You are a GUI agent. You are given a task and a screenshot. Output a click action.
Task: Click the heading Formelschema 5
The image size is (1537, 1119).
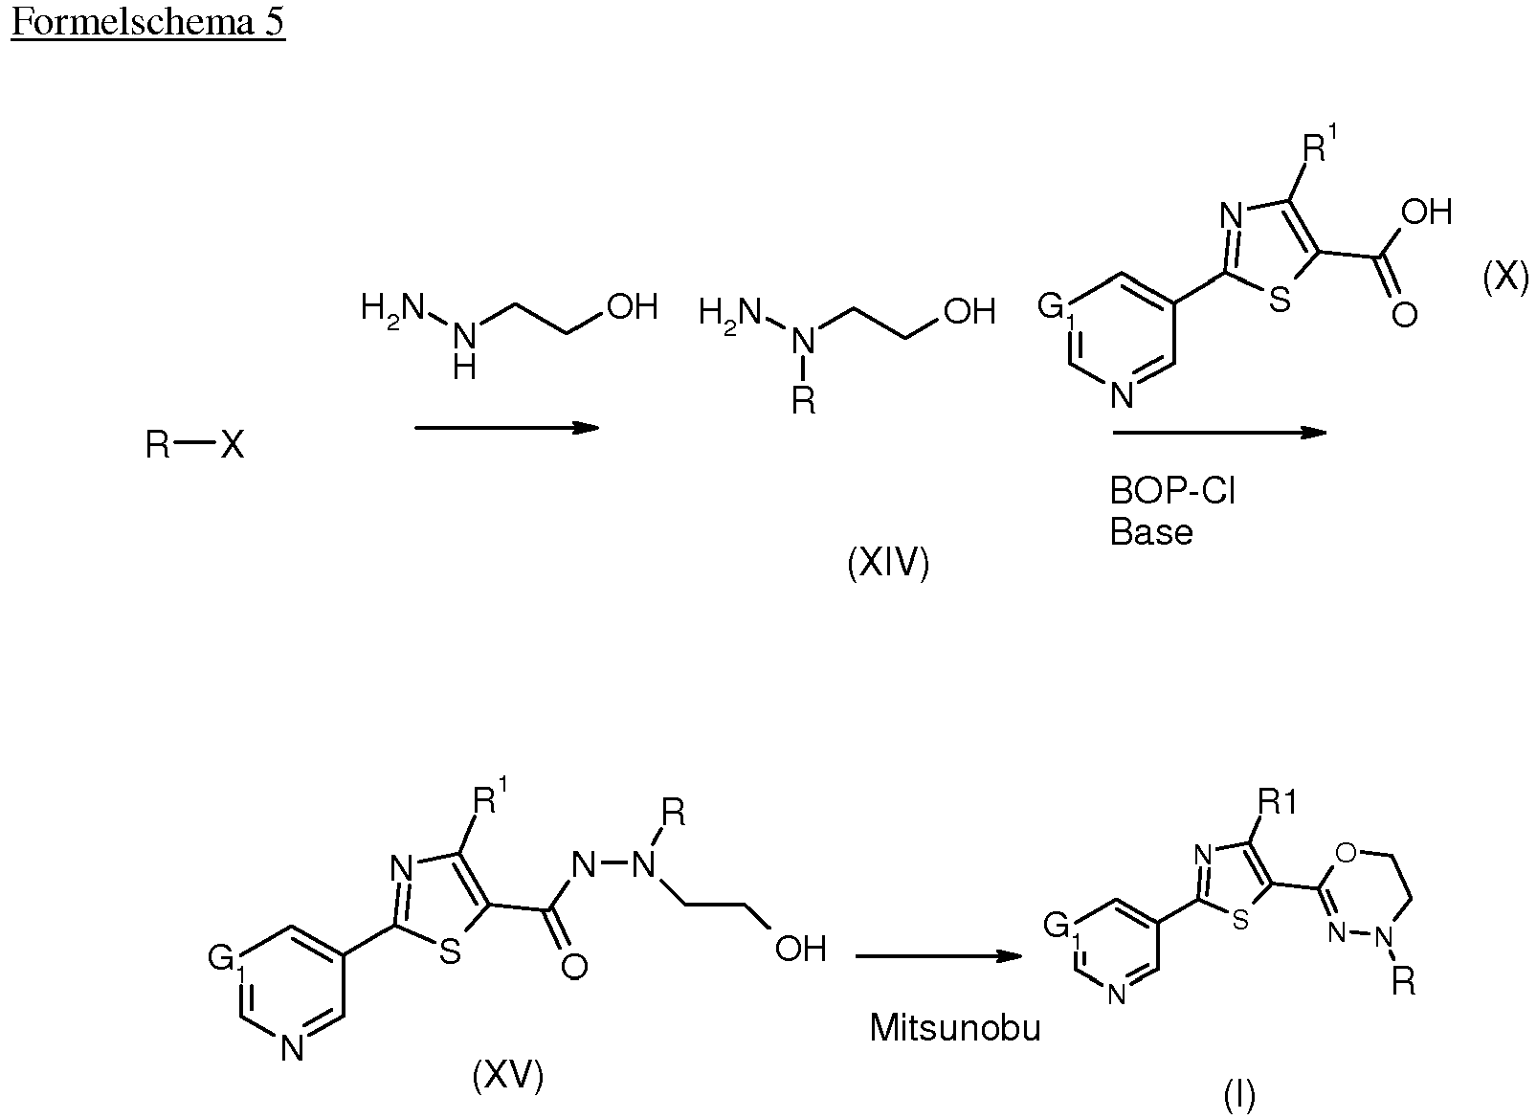pyautogui.click(x=147, y=23)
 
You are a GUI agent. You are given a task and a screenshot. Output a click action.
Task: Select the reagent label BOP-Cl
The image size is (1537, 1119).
pyautogui.click(x=1172, y=491)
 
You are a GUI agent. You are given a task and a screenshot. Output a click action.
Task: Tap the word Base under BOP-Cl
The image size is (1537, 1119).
pyautogui.click(x=1151, y=532)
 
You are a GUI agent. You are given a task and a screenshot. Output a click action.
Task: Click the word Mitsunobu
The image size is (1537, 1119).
pyautogui.click(x=955, y=1028)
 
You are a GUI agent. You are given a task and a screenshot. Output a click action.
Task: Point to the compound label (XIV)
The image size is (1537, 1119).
pyautogui.click(x=888, y=565)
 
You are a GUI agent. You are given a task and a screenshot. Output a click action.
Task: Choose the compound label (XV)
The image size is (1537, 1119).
pyautogui.click(x=508, y=1076)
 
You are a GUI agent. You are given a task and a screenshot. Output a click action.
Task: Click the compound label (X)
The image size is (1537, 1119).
pyautogui.click(x=1505, y=280)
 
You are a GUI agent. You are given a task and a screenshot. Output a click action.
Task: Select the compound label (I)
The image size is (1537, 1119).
pyautogui.click(x=1240, y=1096)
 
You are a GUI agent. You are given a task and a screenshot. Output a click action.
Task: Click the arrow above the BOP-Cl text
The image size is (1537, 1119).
pyautogui.click(x=1219, y=433)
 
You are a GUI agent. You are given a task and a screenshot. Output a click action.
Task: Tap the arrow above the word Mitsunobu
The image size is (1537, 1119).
pyautogui.click(x=939, y=956)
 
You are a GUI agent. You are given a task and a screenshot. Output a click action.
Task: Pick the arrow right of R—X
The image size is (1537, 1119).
pyautogui.click(x=507, y=428)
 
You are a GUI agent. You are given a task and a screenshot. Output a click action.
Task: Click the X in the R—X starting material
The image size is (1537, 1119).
pyautogui.click(x=233, y=445)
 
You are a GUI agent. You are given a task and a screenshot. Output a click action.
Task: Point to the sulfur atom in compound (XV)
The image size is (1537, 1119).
pyautogui.click(x=450, y=951)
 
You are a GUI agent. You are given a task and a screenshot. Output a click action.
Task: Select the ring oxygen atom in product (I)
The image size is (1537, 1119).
pyautogui.click(x=1347, y=853)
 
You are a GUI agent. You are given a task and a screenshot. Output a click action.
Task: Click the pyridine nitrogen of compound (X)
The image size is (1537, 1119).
pyautogui.click(x=1123, y=396)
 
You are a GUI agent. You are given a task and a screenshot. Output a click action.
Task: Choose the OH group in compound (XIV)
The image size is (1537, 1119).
pyautogui.click(x=969, y=312)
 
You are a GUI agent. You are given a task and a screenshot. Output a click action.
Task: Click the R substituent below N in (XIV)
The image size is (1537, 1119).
pyautogui.click(x=804, y=401)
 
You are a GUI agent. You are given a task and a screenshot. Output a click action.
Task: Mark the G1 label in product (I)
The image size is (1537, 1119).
pyautogui.click(x=1060, y=929)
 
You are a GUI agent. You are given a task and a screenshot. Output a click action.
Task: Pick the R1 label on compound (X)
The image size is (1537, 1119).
pyautogui.click(x=1320, y=146)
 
